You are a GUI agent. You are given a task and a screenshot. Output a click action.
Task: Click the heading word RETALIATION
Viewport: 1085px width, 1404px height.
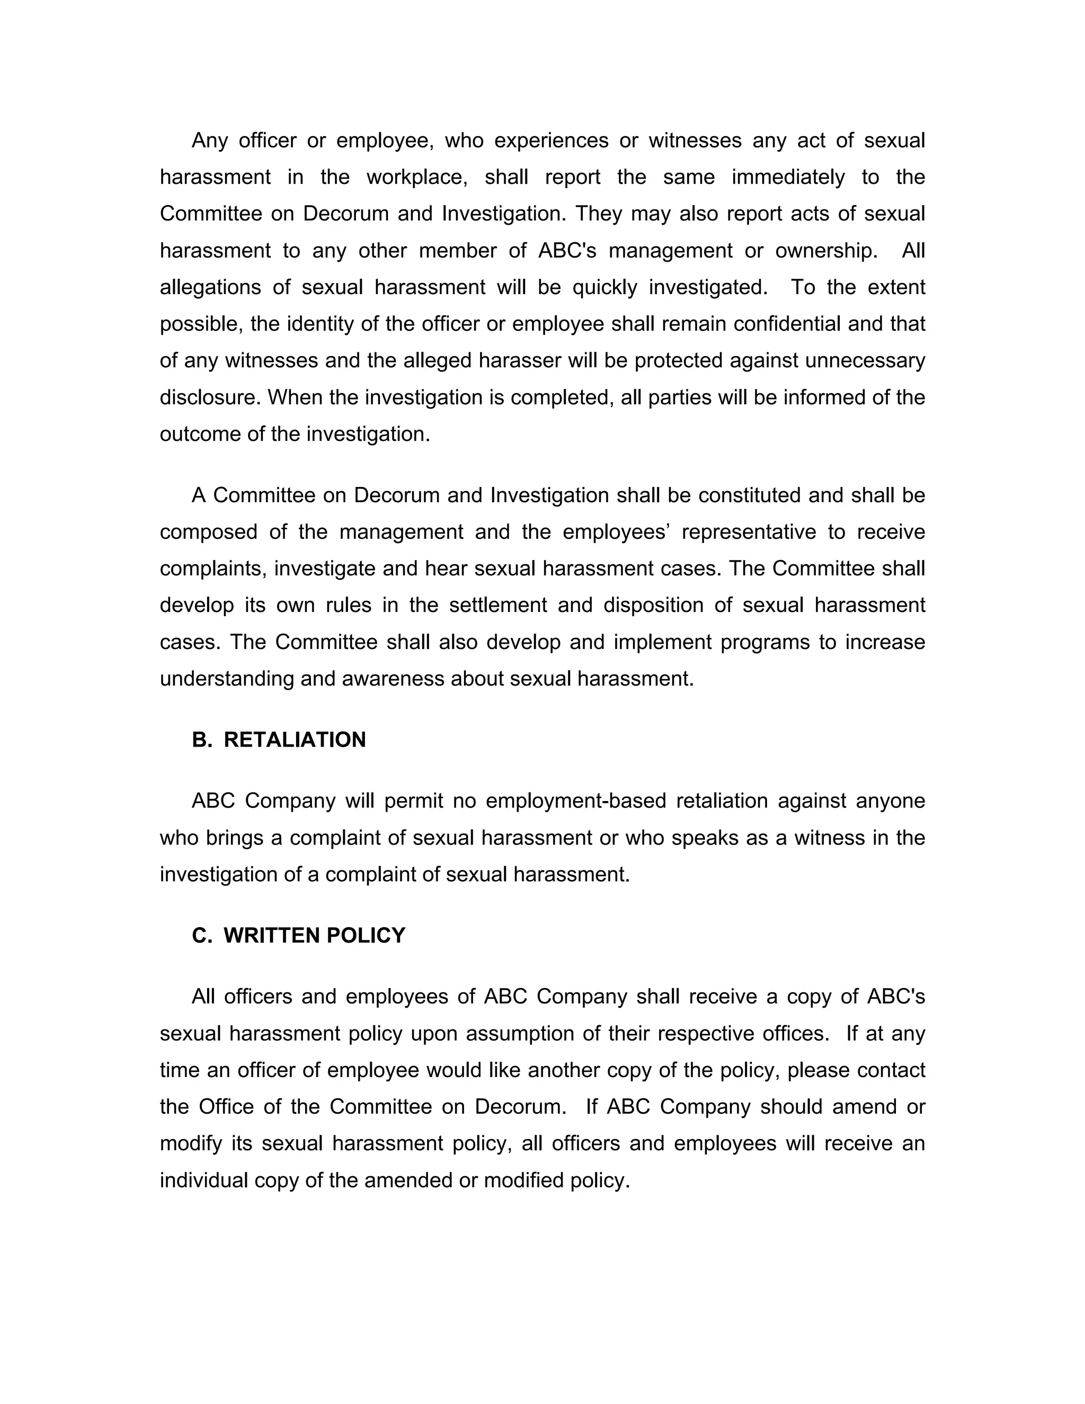(295, 740)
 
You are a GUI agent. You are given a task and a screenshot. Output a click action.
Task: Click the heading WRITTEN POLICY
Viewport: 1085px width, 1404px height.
(314, 935)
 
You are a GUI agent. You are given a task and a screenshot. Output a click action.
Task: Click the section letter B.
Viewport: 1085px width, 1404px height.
(201, 740)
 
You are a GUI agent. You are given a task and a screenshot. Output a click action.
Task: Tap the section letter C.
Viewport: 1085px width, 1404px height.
(201, 935)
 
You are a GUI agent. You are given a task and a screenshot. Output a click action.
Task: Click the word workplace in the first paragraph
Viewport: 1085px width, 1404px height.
(416, 177)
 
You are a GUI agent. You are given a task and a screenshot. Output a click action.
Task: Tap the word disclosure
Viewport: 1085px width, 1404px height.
(210, 397)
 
